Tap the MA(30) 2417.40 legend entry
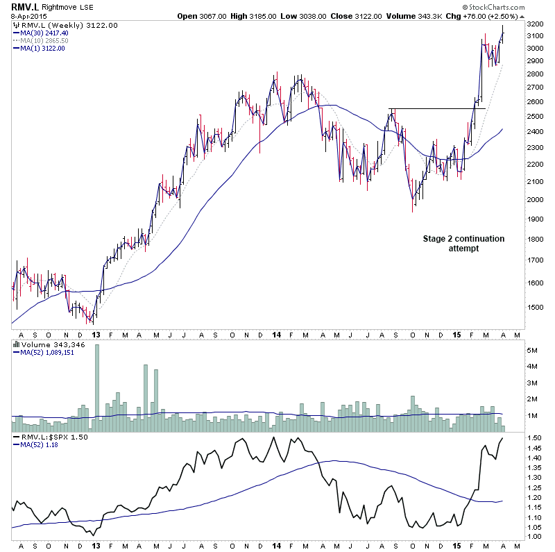tap(44, 33)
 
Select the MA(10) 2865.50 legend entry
tap(44, 40)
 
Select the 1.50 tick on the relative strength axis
tap(531, 438)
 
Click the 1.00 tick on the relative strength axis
tap(531, 537)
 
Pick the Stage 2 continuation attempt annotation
tap(463, 243)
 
